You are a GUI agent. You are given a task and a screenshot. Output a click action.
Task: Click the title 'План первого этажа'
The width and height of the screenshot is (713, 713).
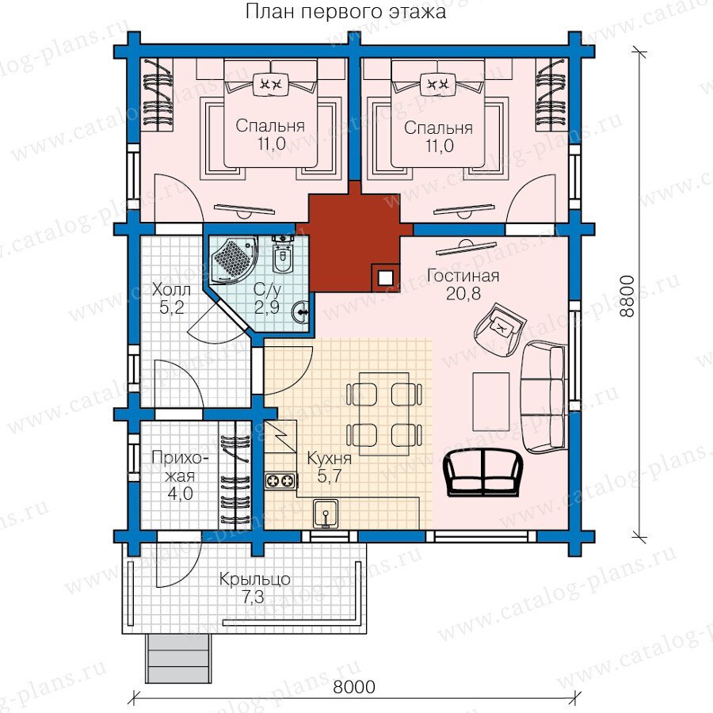point(345,12)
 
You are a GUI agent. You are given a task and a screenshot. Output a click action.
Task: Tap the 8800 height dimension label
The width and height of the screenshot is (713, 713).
point(627,296)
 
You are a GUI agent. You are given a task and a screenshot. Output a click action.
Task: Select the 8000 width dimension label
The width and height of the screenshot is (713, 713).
point(354,687)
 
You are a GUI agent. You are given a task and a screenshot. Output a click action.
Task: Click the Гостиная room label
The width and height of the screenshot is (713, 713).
point(463,276)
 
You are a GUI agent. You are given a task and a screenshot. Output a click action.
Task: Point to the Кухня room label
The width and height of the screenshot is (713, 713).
point(330,458)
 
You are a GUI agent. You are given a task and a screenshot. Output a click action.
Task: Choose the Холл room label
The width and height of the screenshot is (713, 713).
point(171,289)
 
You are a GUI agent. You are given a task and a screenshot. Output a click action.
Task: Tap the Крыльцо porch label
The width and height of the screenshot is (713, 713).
point(254,579)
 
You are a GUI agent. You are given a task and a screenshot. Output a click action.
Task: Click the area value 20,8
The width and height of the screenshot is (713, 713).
point(463,294)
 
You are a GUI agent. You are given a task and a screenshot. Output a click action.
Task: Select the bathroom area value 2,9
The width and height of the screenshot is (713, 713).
point(267,308)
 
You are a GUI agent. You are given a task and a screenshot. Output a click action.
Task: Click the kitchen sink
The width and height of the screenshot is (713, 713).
point(326,514)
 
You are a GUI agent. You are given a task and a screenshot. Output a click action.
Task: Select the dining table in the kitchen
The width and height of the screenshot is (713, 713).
point(383,414)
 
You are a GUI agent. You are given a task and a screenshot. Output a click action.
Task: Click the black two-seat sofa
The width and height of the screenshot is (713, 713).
point(483,473)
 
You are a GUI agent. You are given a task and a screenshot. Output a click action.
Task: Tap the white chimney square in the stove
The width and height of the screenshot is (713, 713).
point(386,278)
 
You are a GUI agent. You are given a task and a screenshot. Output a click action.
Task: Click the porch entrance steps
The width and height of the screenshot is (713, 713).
point(179,658)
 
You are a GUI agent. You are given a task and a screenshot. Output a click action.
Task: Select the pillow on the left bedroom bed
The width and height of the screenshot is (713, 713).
point(270,84)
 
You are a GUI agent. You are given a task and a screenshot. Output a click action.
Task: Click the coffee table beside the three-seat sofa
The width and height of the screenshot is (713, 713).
point(490,401)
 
